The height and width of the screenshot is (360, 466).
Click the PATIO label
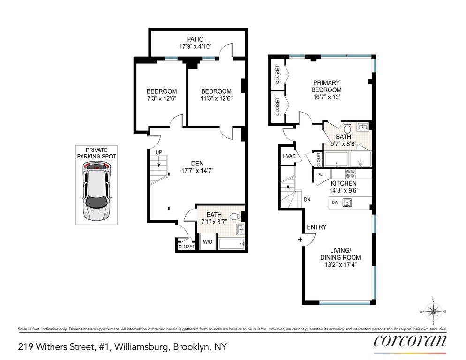coord(195,39)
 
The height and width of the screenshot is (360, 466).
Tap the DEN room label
coord(197,164)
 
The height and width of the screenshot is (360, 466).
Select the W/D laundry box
coord(208,242)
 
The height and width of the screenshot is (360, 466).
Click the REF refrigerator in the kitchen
coord(321,174)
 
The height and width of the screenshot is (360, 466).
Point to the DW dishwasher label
coord(335,203)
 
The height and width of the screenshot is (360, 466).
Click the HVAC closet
coord(289,156)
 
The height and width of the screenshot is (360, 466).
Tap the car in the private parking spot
coord(97,191)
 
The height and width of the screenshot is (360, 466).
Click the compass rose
coord(433,311)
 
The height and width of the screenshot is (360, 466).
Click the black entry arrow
coord(300,240)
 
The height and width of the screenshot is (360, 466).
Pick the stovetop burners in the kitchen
coord(350,174)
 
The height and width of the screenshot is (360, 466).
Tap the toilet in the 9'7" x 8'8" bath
coord(347,127)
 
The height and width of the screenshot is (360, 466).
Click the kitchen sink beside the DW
coord(347,203)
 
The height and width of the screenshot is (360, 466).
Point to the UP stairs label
coord(159,152)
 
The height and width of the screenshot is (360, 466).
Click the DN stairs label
coord(307,200)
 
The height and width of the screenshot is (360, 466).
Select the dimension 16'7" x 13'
coord(326,97)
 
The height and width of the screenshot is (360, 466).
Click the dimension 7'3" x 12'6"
coord(162,98)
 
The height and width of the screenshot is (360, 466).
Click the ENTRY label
coord(316,227)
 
